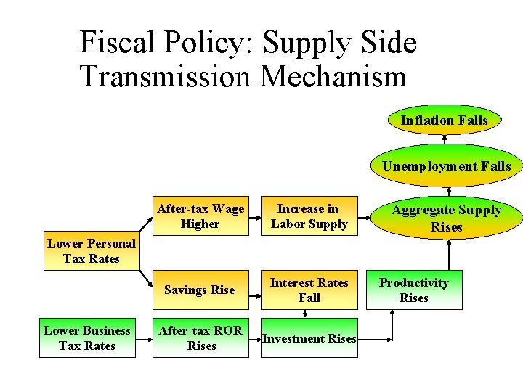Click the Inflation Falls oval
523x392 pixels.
point(445,121)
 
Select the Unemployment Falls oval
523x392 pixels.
point(446,166)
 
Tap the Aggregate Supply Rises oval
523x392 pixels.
point(446,218)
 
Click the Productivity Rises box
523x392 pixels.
point(414,290)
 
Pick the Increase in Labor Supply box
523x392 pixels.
point(309,216)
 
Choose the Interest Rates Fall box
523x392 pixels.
point(309,290)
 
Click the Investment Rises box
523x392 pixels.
point(309,338)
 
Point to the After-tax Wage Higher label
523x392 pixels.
point(200,216)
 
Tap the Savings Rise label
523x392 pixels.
point(200,290)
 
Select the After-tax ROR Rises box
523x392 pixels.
point(200,338)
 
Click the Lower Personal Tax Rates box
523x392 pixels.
point(92,251)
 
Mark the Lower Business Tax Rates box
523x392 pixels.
point(87,338)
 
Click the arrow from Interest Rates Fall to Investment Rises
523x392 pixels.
point(306,312)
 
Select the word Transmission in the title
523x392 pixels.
point(164,75)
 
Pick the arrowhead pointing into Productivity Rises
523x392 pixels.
point(393,314)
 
